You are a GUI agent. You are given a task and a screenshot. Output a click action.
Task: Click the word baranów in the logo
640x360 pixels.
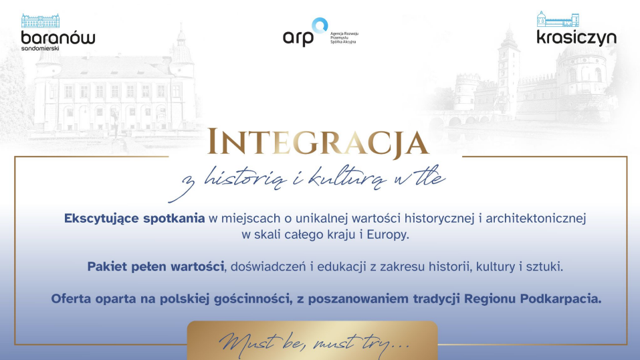[x=58, y=37]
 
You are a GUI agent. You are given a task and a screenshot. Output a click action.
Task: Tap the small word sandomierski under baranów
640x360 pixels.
[x=40, y=48]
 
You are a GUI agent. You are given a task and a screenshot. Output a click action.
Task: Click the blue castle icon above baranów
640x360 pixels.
[x=40, y=21]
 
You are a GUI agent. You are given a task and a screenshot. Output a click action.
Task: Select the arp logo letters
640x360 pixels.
[x=298, y=38]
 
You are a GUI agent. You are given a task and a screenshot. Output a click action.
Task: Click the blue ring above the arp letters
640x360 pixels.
[x=320, y=25]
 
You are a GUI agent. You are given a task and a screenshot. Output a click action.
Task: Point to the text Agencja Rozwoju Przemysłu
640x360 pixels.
[x=344, y=35]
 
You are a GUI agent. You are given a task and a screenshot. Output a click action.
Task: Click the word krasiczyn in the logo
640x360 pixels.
[x=576, y=37]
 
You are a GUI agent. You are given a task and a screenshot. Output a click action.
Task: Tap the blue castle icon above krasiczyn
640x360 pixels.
[x=558, y=19]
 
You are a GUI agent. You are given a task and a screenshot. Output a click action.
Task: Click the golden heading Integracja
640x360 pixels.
[x=318, y=143]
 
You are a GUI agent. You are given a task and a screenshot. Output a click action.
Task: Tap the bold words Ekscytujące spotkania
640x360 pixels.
[x=134, y=219]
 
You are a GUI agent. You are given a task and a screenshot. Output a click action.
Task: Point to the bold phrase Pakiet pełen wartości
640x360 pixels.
[x=156, y=267]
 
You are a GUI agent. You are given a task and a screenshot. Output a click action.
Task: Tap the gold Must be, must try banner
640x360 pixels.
[x=312, y=341]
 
